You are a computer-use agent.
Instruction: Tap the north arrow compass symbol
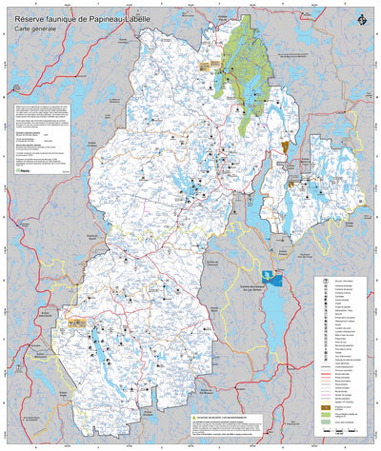coord(360,21)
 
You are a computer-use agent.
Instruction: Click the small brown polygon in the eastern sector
coord(284,147)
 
